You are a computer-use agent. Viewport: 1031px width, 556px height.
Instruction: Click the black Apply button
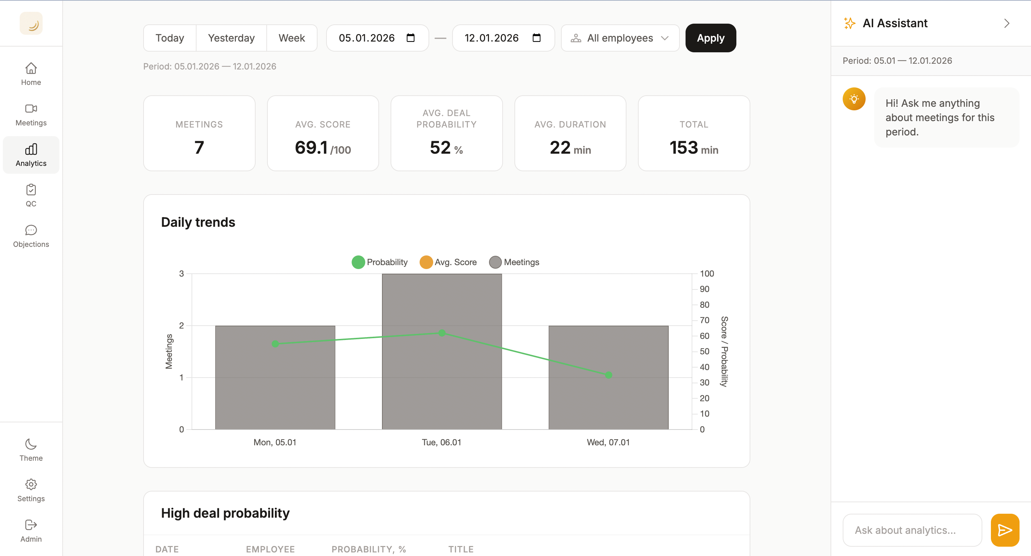point(710,38)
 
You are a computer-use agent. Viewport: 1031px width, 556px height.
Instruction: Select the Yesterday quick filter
point(231,38)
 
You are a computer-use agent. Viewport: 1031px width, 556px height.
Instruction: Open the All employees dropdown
point(620,38)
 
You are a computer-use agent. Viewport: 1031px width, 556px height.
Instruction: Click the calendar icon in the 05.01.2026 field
point(410,38)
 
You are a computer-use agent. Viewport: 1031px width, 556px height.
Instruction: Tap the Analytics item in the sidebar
point(31,155)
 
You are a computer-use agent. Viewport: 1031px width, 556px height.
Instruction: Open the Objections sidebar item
point(31,236)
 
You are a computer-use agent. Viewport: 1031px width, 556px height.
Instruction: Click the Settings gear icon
point(31,484)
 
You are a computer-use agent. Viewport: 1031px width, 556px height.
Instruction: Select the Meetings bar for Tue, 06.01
point(441,380)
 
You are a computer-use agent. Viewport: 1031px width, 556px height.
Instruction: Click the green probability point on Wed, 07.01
point(608,375)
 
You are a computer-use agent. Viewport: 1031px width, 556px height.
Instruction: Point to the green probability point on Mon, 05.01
point(275,344)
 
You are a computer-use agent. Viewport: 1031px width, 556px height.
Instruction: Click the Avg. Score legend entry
point(448,262)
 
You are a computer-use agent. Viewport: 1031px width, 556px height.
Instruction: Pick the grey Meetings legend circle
point(495,262)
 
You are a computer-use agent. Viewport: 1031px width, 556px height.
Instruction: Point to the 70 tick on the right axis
point(704,320)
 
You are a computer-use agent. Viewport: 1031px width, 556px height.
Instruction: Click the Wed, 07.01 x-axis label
point(608,442)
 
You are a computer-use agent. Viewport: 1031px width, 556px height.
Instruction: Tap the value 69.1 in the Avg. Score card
point(311,148)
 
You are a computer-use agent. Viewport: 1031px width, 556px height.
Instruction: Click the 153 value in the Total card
point(684,148)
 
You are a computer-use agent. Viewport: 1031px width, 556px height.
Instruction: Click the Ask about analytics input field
point(912,530)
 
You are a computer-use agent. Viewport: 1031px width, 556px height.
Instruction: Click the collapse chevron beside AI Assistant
point(1007,23)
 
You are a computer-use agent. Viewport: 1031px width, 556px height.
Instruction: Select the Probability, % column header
point(369,549)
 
